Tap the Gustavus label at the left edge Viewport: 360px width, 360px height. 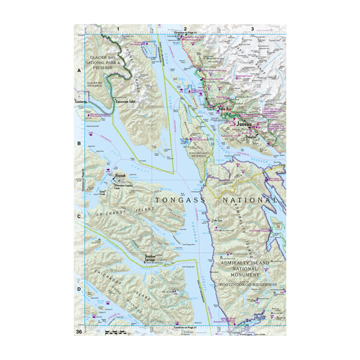tap(81, 103)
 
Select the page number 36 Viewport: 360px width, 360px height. tap(79, 332)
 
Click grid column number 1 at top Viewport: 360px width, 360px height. tap(118, 29)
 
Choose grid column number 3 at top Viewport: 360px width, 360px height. tap(253, 29)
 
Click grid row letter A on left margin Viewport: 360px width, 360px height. tap(79, 70)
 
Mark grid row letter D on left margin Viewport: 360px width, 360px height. tap(79, 289)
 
